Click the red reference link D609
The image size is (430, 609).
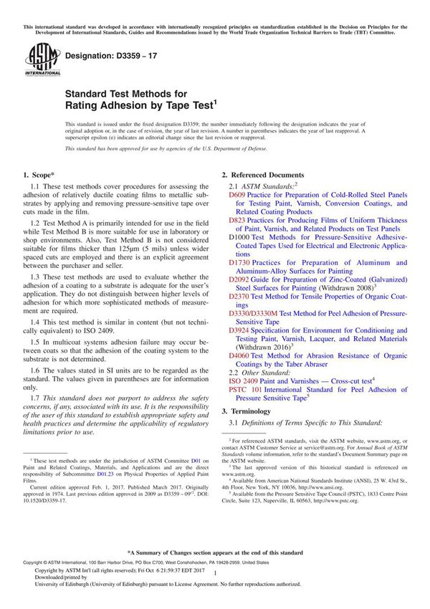click(x=237, y=194)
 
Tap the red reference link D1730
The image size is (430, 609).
click(x=240, y=264)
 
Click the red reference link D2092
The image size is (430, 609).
click(x=240, y=281)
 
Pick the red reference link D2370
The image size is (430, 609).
click(x=240, y=296)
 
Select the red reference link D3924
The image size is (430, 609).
click(x=240, y=330)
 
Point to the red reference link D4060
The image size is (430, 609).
click(x=240, y=355)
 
